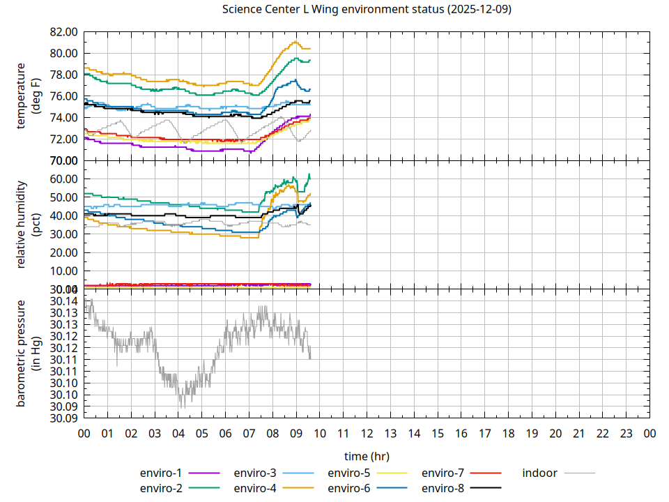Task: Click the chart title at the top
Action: [x=367, y=10]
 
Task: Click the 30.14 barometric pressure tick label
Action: [x=63, y=301]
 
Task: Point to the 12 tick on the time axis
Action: [x=367, y=434]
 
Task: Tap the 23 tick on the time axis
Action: [x=626, y=434]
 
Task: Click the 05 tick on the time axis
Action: [x=201, y=434]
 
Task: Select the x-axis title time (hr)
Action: [x=367, y=456]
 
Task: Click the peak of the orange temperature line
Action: [x=295, y=42]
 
